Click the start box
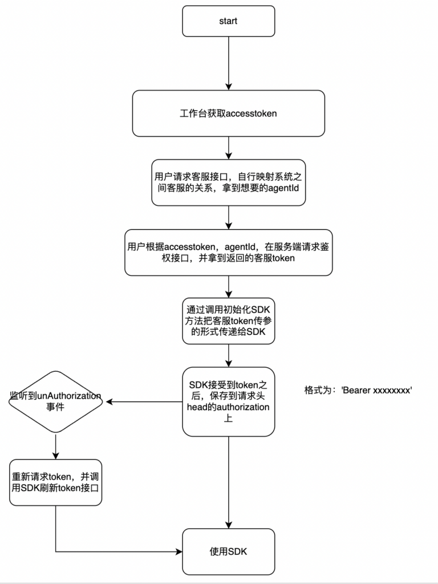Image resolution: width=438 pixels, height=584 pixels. pyautogui.click(x=228, y=21)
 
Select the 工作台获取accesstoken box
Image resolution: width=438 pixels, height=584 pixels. pyautogui.click(x=228, y=113)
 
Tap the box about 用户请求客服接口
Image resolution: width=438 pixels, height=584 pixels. pyautogui.click(x=228, y=182)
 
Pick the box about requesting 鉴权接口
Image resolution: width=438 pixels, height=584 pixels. pyautogui.click(x=228, y=253)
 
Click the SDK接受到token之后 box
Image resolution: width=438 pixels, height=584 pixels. pyautogui.click(x=228, y=401)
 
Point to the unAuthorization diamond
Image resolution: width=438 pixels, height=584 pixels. pyautogui.click(x=56, y=401)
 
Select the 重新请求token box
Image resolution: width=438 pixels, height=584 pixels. pyautogui.click(x=56, y=482)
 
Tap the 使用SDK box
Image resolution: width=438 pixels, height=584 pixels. pyautogui.click(x=228, y=551)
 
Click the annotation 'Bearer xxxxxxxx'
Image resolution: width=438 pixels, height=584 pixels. pyautogui.click(x=377, y=391)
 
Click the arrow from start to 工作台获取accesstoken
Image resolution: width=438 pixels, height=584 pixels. pyautogui.click(x=228, y=63)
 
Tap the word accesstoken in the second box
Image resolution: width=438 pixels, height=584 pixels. pyautogui.click(x=252, y=113)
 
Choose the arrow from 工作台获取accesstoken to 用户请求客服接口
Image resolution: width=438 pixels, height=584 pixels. pyautogui.click(x=228, y=148)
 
